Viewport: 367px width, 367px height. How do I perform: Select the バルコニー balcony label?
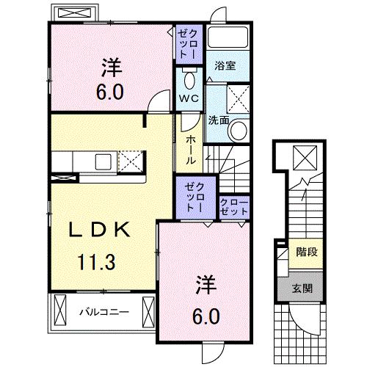coord(104,311)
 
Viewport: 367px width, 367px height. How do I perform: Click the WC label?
coord(189,98)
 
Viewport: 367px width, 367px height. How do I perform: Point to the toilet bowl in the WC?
coord(189,79)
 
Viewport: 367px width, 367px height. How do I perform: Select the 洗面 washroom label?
coord(218,120)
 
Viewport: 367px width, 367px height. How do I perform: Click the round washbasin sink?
coord(239,131)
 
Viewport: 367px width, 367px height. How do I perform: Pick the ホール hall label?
coord(189,150)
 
